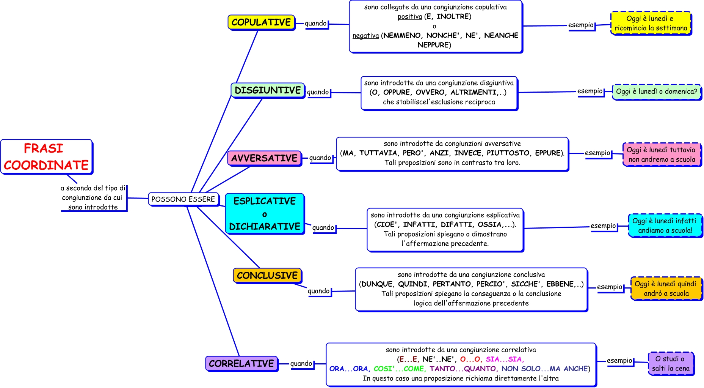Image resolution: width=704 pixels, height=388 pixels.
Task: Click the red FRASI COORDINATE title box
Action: pyautogui.click(x=47, y=157)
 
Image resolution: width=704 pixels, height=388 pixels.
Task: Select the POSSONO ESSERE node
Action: pyautogui.click(x=183, y=199)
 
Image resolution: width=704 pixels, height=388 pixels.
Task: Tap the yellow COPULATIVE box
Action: pyautogui.click(x=261, y=22)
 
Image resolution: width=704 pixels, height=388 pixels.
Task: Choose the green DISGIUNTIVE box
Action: pyautogui.click(x=268, y=90)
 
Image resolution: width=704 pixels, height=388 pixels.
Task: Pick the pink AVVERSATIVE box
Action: pyautogui.click(x=264, y=158)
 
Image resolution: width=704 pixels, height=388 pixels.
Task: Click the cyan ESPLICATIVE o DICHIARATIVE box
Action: pyautogui.click(x=265, y=214)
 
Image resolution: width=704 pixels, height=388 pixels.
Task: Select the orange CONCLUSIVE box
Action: pyautogui.click(x=267, y=275)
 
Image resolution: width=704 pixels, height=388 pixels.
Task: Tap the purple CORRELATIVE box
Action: pyautogui.click(x=241, y=363)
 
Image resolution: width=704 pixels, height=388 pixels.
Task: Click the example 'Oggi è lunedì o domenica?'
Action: pyautogui.click(x=656, y=91)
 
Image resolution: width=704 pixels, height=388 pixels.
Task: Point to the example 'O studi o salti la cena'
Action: pyautogui.click(x=671, y=363)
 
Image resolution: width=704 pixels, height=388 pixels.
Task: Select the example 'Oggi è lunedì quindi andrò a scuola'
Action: pyautogui.click(x=665, y=289)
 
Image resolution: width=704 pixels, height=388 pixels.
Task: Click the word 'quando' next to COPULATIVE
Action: pyautogui.click(x=315, y=24)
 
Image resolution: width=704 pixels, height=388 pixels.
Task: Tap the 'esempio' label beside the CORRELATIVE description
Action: pyautogui.click(x=619, y=361)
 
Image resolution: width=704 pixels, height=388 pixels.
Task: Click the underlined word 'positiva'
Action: pyautogui.click(x=409, y=17)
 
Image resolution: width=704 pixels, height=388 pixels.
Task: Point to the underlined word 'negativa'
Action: pyautogui.click(x=365, y=36)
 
